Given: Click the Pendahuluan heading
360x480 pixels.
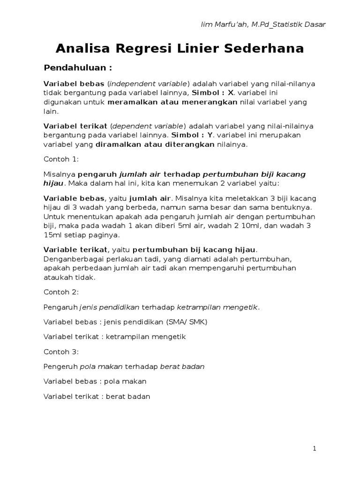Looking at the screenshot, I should click(x=78, y=67).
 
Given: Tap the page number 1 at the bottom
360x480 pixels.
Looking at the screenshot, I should click(x=315, y=449).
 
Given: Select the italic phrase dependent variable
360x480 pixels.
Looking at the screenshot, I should click(x=148, y=126).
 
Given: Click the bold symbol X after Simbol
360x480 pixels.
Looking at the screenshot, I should click(x=230, y=93).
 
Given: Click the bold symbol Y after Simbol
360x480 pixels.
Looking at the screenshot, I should click(x=210, y=135).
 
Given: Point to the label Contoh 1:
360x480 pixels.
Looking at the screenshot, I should click(x=61, y=159).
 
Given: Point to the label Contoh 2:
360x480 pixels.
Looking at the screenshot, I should click(x=61, y=292).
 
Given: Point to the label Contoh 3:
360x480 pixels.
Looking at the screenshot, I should click(x=61, y=351).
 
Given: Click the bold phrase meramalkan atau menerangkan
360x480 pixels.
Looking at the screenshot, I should click(x=172, y=102).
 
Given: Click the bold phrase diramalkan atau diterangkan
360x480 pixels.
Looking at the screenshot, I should click(x=155, y=145).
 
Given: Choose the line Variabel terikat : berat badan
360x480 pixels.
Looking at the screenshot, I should click(x=97, y=396).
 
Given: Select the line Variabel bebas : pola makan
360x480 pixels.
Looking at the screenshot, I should click(x=95, y=381).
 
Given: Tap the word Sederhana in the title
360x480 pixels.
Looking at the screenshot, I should click(x=266, y=48).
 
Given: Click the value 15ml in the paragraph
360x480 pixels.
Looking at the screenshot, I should click(x=52, y=235).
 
